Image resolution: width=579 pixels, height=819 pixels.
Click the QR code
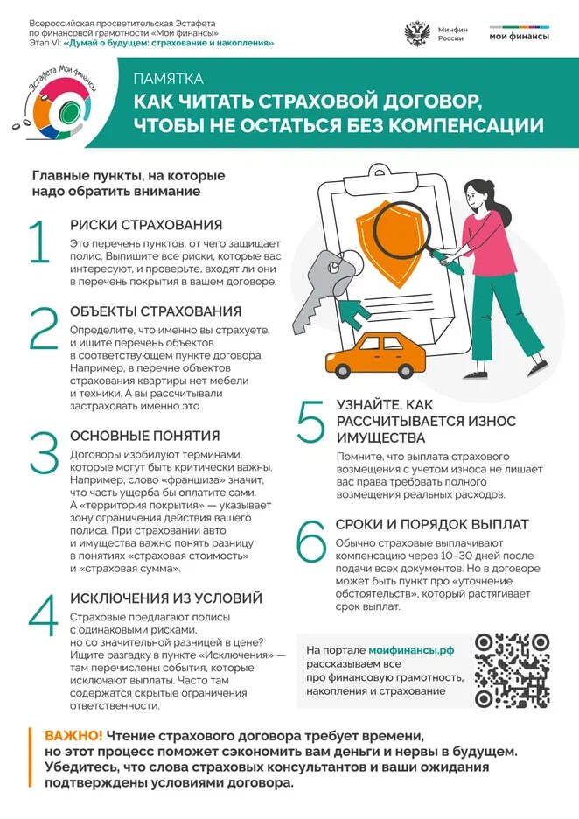point(512,670)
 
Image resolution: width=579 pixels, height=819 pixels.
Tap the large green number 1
point(40,242)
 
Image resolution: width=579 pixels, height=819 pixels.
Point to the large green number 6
point(311,542)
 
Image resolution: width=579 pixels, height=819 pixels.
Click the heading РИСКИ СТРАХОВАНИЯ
point(146,225)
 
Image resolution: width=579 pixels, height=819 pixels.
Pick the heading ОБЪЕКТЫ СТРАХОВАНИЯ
point(155,311)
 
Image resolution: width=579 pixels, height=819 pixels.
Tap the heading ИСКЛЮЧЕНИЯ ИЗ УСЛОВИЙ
point(166,598)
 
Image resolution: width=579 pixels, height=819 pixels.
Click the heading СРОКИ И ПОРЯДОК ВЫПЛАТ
point(432,524)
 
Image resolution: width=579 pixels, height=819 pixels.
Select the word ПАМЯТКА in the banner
point(168,79)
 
